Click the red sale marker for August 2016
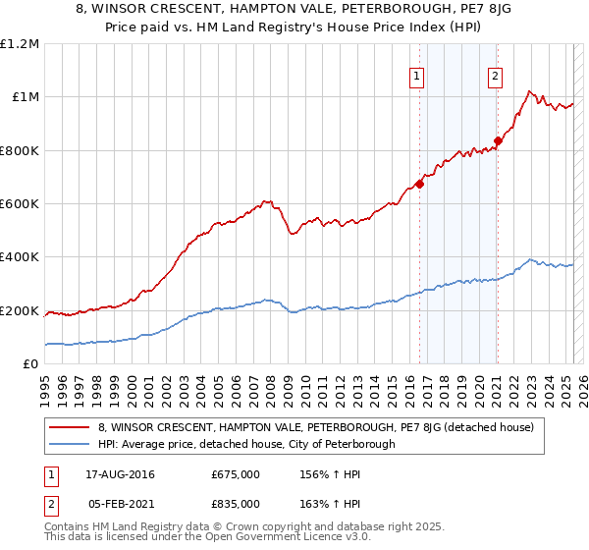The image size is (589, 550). [419, 183]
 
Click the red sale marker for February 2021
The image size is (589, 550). [498, 140]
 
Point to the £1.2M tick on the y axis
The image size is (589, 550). [20, 44]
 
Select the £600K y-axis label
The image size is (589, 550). [20, 204]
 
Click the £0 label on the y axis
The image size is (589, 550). [29, 364]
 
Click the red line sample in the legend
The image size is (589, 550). [70, 427]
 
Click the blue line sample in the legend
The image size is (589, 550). [70, 444]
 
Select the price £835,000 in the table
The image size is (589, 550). [236, 503]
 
